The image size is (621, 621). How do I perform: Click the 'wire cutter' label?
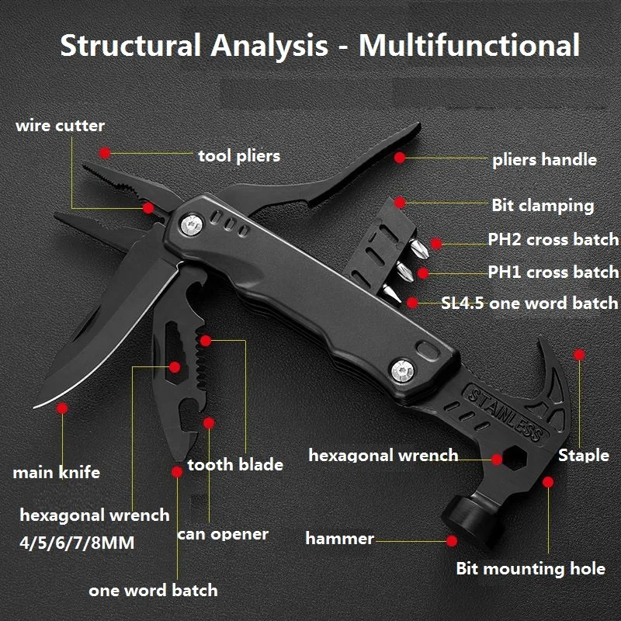60,126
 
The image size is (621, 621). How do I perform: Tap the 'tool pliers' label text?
238,156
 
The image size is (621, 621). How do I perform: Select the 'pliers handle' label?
544,160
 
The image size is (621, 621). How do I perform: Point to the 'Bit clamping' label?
543,206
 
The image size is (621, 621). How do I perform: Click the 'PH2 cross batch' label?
553,239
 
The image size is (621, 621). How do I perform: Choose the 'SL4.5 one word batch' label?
529,304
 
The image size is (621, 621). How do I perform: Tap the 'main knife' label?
56,472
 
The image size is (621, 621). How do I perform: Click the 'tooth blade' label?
235,465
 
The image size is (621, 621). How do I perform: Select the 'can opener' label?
223,534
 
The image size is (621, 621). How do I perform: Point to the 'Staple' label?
584,455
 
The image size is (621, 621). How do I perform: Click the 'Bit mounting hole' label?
530,569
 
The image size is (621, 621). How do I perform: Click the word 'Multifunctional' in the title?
469,44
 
